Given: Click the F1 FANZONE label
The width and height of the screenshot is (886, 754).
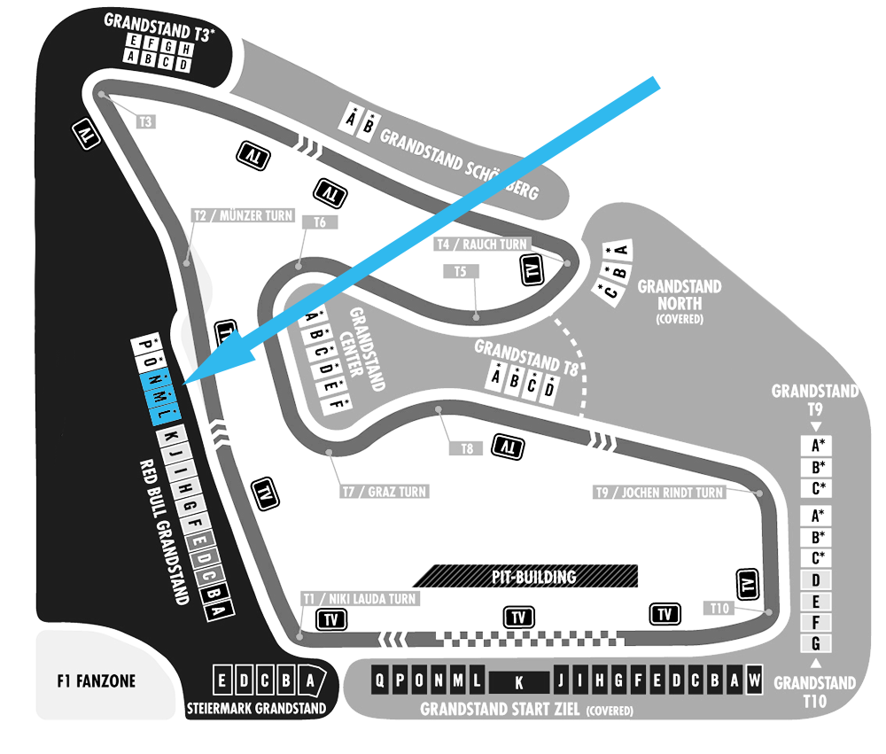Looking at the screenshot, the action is (x=96, y=680).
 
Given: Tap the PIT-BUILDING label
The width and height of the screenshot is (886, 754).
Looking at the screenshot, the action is (x=534, y=577).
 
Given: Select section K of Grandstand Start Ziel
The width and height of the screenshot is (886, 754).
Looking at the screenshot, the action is (x=518, y=682).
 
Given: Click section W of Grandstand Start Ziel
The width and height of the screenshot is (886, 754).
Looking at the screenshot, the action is (x=754, y=680).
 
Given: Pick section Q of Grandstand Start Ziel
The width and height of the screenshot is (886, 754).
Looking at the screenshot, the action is (x=380, y=680).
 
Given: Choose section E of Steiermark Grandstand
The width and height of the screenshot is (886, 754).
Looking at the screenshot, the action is (x=221, y=680).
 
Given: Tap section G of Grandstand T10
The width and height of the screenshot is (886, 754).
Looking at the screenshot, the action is (x=815, y=643).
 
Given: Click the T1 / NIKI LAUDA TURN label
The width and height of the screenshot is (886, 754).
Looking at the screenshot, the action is (x=360, y=599).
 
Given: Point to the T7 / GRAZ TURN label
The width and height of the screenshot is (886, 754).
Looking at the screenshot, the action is (x=385, y=492).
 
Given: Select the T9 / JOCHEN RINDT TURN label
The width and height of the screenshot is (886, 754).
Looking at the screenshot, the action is (x=659, y=493).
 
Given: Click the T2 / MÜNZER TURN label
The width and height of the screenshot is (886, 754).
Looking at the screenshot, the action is (x=244, y=215).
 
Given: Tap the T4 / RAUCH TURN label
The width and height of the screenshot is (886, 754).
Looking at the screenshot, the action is (x=482, y=245).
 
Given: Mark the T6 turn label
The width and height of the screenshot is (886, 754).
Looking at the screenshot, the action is (x=320, y=222).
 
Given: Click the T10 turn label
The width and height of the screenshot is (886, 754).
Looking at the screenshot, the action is (x=719, y=608).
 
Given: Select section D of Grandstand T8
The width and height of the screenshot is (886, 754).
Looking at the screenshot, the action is (x=548, y=389).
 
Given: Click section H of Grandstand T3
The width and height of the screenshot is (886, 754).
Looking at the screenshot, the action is (x=185, y=50).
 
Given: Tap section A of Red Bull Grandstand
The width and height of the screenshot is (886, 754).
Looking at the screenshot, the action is (x=219, y=610).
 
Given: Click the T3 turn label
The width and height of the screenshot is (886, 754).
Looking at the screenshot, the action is (x=146, y=121).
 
